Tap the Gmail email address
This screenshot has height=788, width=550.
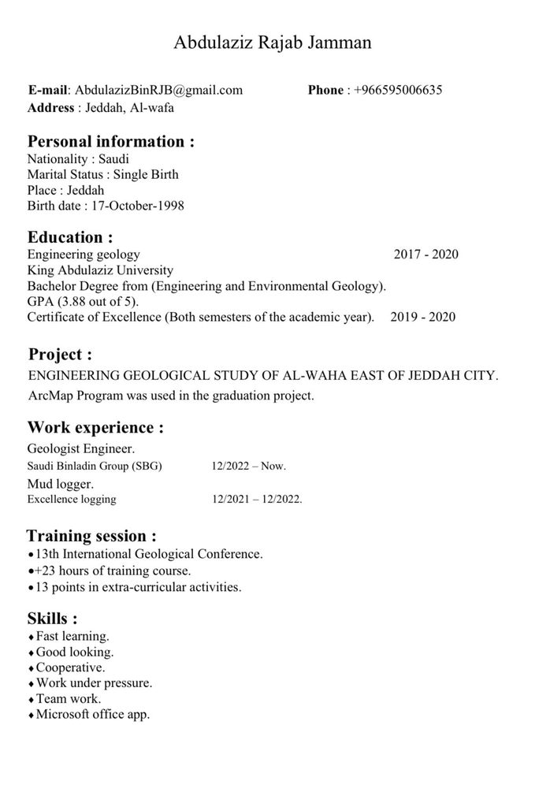coord(158,90)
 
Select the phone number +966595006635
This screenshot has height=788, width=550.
coord(398,90)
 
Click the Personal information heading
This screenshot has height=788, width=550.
coord(110,142)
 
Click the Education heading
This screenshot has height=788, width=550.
coord(70,237)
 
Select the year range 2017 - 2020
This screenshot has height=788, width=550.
coord(426,255)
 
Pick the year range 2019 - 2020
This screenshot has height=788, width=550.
coord(423,318)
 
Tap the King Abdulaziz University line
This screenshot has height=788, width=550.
coord(100,270)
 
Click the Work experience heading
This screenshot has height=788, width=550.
coord(95,428)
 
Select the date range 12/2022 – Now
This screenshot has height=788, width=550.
coord(248,466)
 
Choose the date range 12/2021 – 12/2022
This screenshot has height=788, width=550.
coord(257,500)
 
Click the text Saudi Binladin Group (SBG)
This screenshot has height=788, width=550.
coord(95,466)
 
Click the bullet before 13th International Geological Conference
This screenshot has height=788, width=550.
coord(31,555)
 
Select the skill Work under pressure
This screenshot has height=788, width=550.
coord(94,683)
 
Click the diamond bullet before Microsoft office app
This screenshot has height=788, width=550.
coord(31,716)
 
